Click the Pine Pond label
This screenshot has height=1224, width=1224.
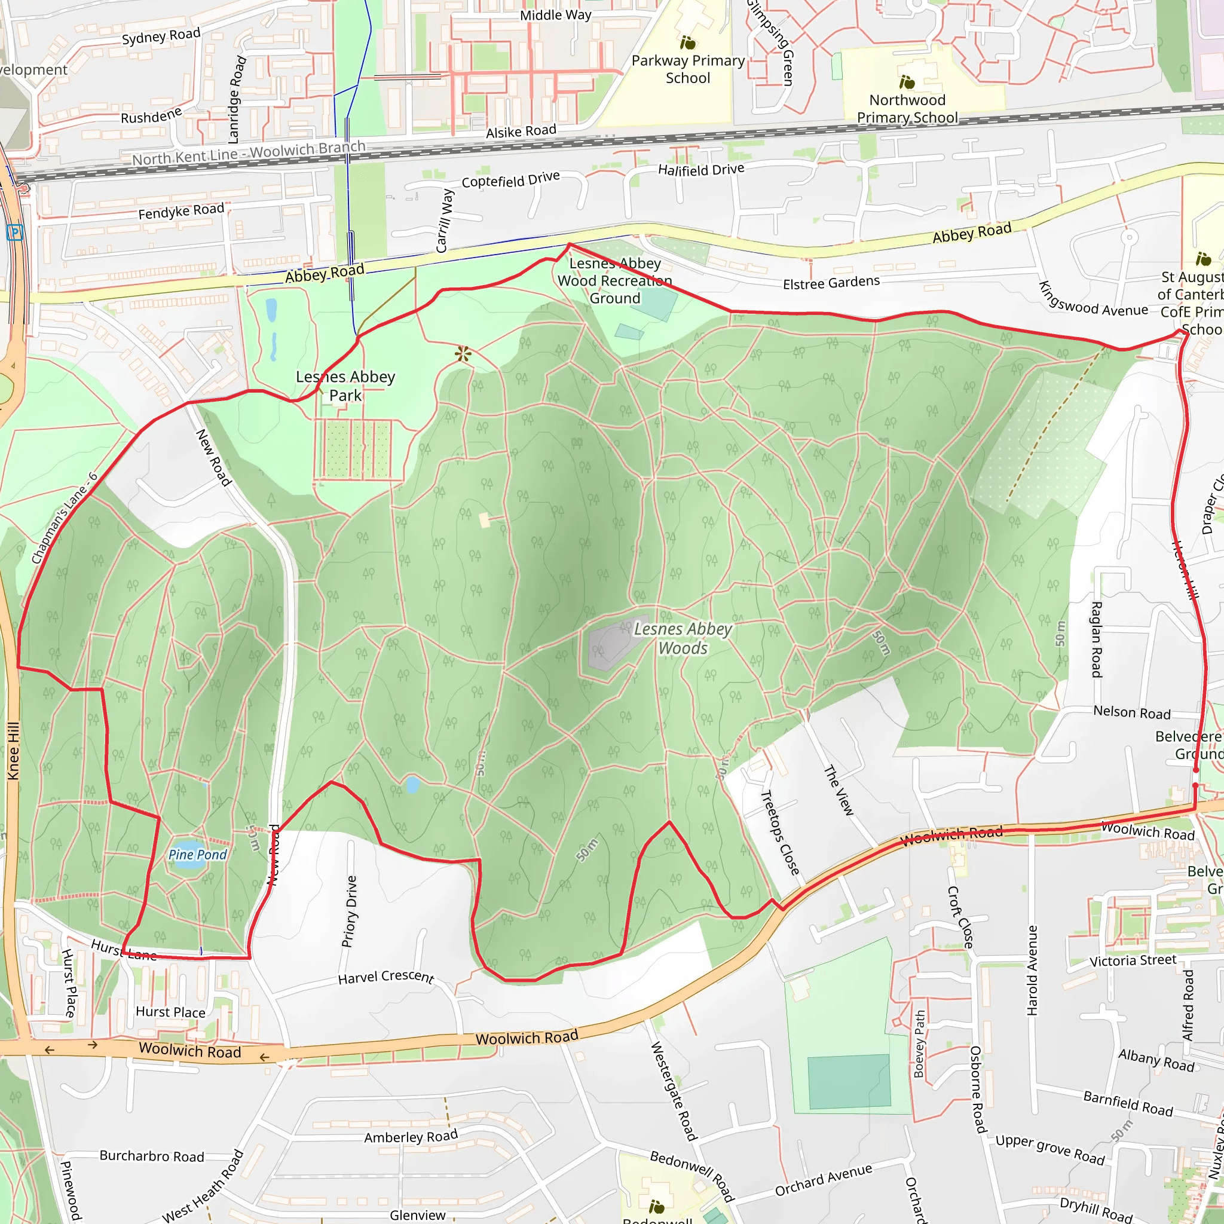[198, 855]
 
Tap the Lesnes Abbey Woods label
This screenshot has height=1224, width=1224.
[683, 639]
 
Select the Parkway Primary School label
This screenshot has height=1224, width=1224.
[688, 69]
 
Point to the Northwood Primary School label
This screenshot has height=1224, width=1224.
[907, 109]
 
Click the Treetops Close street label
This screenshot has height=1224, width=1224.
[780, 833]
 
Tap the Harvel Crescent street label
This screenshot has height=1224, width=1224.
[386, 977]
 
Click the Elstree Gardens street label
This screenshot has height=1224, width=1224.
[831, 283]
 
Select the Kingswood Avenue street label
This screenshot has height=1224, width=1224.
[1093, 299]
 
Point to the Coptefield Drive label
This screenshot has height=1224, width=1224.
[510, 179]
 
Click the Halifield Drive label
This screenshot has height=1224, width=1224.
[700, 170]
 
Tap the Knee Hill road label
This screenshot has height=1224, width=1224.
[13, 751]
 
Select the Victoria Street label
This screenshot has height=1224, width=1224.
[1133, 961]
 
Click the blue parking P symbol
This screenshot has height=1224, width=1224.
[14, 232]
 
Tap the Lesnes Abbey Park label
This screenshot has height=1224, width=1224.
[345, 386]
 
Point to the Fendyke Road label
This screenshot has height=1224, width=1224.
[181, 211]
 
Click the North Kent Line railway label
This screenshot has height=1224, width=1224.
[249, 152]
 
